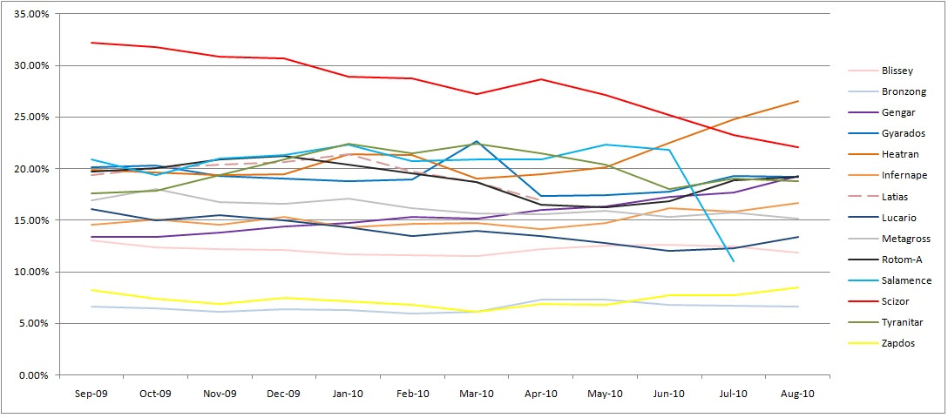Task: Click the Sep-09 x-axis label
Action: pyautogui.click(x=91, y=394)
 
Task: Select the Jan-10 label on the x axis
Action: pyautogui.click(x=348, y=394)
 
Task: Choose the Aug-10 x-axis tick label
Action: pyautogui.click(x=797, y=394)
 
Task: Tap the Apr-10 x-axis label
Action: pyautogui.click(x=540, y=394)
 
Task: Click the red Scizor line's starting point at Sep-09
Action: pyautogui.click(x=91, y=43)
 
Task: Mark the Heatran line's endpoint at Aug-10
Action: pyautogui.click(x=798, y=101)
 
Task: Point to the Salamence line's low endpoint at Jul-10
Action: pyautogui.click(x=734, y=261)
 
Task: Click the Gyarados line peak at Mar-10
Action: pyautogui.click(x=477, y=141)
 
